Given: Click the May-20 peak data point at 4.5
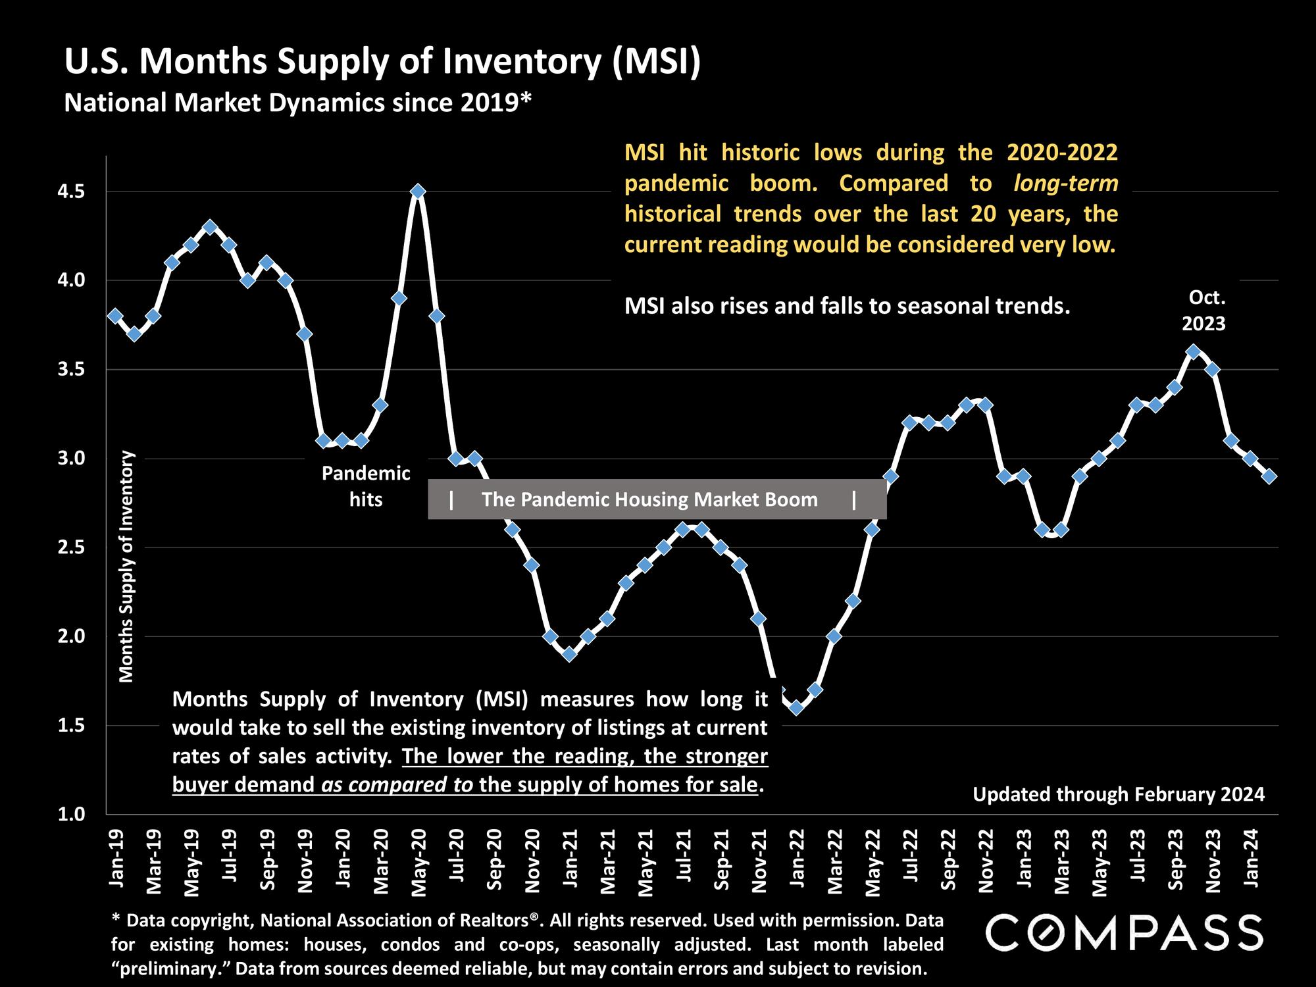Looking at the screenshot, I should [418, 191].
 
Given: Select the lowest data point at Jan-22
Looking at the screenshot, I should [796, 707].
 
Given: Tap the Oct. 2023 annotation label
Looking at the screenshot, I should [1204, 311].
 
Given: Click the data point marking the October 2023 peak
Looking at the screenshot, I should [1194, 352].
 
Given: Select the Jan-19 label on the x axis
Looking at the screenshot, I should [116, 859].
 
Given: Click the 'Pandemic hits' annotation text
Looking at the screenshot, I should [366, 486].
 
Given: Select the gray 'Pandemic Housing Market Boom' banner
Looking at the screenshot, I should [657, 499].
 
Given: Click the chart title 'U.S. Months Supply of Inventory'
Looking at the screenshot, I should [382, 62].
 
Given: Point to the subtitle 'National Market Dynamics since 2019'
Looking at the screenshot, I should [297, 103].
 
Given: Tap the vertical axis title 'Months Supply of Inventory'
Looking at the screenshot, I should [126, 566].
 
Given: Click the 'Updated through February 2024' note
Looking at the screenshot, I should [1119, 795].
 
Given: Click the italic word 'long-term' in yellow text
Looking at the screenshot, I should [1065, 183].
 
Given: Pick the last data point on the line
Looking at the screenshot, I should [1270, 476].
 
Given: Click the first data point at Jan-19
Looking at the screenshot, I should [115, 316].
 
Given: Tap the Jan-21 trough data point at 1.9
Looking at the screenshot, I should [570, 654].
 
